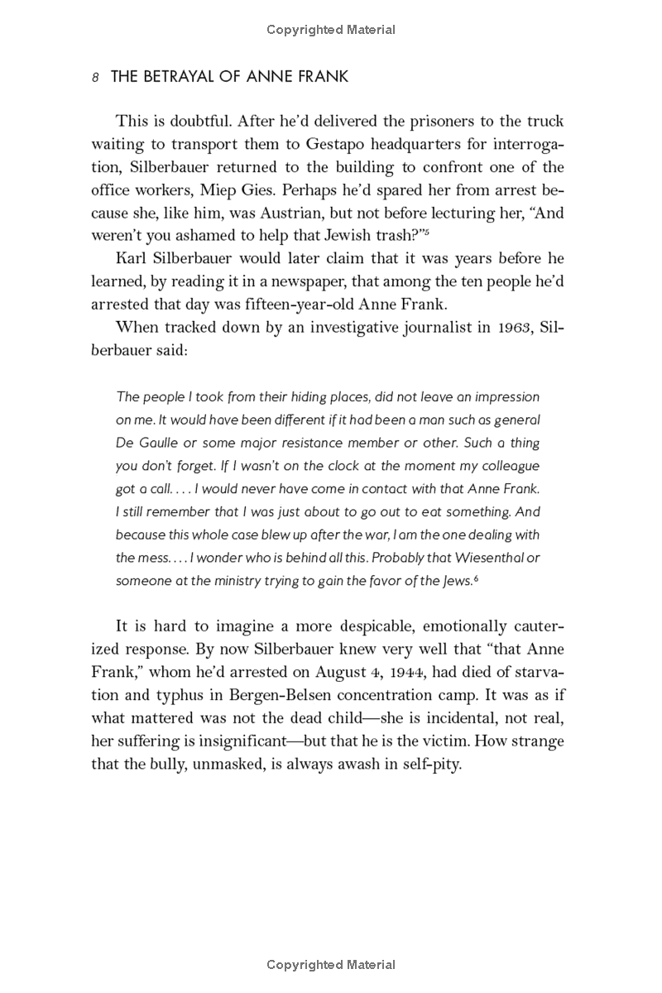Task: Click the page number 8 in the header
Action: tap(96, 78)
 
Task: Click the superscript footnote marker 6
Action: tap(477, 578)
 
